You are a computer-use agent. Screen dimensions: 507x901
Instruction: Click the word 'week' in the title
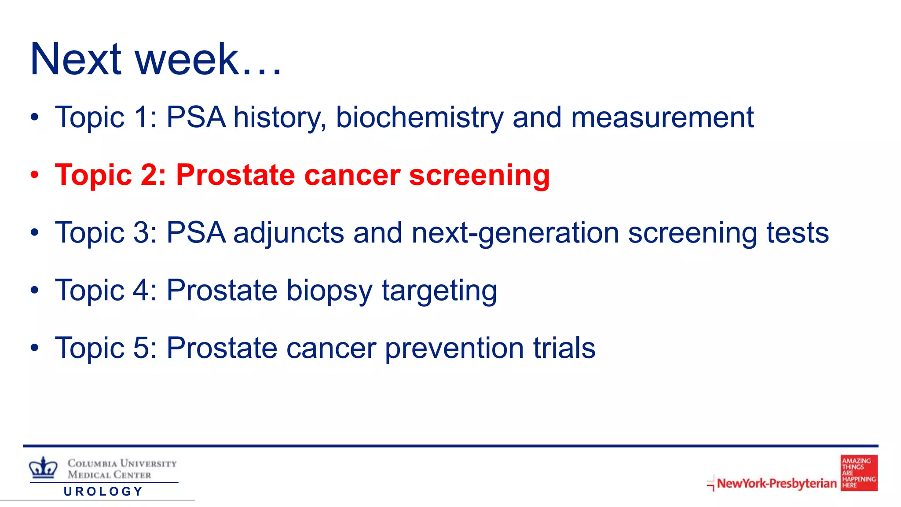(x=187, y=59)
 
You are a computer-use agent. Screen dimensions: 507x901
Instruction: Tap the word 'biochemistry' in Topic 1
(x=419, y=118)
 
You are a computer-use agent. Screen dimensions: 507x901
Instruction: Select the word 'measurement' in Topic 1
(x=662, y=118)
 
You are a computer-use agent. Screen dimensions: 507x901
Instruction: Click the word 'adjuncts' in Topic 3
(x=288, y=233)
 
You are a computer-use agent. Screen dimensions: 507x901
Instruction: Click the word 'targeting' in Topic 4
(x=439, y=291)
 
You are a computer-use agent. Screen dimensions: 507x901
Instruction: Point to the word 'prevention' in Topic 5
(x=454, y=349)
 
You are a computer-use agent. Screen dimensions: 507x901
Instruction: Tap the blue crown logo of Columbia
(x=43, y=467)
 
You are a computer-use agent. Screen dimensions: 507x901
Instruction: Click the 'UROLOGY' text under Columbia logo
(x=103, y=492)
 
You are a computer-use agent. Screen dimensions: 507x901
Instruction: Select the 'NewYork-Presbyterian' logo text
(x=776, y=483)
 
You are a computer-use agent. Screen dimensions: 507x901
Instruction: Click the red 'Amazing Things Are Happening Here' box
(x=859, y=473)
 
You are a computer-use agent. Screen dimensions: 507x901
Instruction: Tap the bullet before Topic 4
(x=35, y=290)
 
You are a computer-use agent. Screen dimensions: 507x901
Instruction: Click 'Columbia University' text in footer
(x=122, y=463)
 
